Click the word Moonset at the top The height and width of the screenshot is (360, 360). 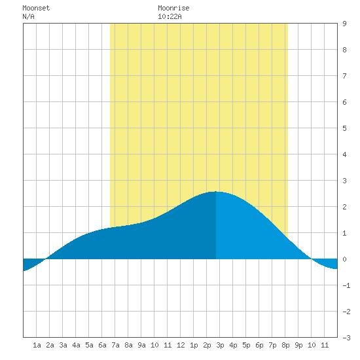36,8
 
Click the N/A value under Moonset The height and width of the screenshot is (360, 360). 28,16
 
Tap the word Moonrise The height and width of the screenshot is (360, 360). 173,8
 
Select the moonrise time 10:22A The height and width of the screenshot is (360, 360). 170,16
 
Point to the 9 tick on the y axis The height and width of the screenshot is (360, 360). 344,24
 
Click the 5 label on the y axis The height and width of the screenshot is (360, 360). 344,128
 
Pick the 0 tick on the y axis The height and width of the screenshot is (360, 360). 344,259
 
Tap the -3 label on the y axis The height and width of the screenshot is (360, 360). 346,338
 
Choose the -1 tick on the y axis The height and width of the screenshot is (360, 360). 346,285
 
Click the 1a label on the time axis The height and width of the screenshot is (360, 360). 37,345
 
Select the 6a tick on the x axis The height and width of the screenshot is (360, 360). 102,345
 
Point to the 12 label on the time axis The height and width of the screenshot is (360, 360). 181,345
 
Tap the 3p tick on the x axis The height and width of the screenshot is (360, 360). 220,345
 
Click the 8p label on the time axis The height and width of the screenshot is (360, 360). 285,345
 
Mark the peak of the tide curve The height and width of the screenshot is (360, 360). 216,192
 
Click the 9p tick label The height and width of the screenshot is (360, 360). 298,345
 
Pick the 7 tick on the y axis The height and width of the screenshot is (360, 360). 344,76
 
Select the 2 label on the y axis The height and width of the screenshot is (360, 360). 344,207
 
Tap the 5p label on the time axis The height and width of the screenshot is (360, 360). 246,345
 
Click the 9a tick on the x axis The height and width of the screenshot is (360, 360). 141,345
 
